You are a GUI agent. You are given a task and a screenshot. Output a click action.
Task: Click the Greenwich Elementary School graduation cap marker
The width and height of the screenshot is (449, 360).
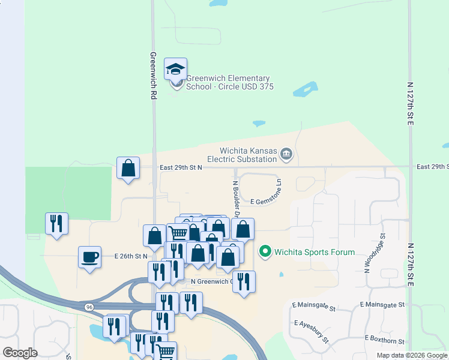[175, 70]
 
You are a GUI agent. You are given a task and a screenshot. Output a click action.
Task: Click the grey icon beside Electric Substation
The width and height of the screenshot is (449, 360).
[286, 154]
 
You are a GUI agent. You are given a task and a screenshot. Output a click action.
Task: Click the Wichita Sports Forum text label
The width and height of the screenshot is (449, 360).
[315, 252]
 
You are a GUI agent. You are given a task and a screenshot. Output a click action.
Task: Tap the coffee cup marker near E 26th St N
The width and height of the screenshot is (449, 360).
[90, 258]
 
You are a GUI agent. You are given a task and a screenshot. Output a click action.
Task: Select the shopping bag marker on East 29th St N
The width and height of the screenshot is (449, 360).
[128, 168]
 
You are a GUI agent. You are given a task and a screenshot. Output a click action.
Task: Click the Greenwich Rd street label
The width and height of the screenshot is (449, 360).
[154, 75]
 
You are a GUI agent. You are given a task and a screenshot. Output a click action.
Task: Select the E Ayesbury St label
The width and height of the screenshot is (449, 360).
[312, 331]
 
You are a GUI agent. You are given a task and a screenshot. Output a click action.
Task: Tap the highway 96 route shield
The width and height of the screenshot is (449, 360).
[89, 307]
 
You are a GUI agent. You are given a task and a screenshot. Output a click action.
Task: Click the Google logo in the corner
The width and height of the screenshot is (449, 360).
[20, 352]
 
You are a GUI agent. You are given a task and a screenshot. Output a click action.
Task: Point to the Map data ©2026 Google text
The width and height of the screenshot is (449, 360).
[411, 355]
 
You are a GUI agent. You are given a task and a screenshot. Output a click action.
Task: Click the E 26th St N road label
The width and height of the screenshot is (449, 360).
[131, 256]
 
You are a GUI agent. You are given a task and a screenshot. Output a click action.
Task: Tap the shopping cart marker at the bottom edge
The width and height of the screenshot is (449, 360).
[166, 352]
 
